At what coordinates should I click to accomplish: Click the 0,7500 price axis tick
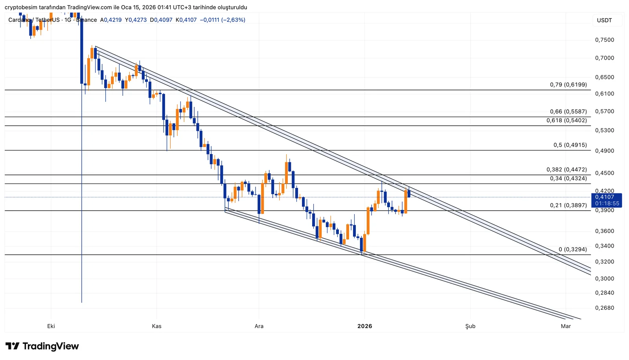tap(604, 40)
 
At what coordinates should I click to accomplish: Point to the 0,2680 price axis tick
tap(604, 308)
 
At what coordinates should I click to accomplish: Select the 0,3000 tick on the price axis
tap(604, 279)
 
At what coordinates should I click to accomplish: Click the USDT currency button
tap(604, 20)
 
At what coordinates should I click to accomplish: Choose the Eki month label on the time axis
tap(51, 326)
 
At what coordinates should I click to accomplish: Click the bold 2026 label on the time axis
tap(364, 326)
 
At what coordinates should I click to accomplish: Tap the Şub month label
tap(470, 326)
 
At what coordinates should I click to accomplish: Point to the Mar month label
tap(566, 326)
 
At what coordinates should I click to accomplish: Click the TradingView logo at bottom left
tap(42, 346)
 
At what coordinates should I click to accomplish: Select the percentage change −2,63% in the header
tap(233, 20)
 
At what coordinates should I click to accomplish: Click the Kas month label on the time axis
tap(156, 326)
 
